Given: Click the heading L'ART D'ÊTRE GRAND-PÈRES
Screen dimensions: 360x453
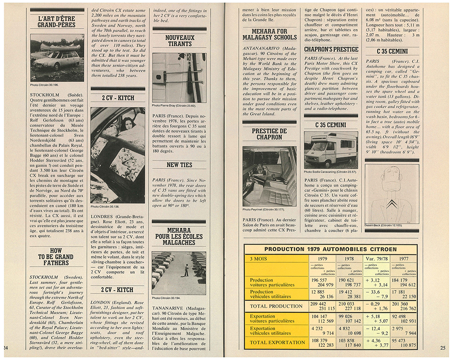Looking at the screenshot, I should pyautogui.click(x=57, y=21).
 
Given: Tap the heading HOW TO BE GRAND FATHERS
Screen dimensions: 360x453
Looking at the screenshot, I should pyautogui.click(x=56, y=256).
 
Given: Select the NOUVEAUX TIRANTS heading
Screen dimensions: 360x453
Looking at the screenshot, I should pyautogui.click(x=180, y=41).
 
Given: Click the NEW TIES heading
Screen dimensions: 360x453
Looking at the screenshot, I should pyautogui.click(x=179, y=165).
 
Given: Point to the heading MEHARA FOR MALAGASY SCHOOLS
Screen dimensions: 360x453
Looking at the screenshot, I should pyautogui.click(x=270, y=34).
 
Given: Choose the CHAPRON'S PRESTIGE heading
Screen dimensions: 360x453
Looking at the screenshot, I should pyautogui.click(x=331, y=49).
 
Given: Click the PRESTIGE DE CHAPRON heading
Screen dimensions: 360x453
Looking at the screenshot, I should pyautogui.click(x=270, y=134).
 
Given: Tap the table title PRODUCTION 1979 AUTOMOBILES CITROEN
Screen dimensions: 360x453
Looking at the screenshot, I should pyautogui.click(x=330, y=249).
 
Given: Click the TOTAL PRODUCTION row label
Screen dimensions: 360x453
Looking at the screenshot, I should pyautogui.click(x=276, y=306).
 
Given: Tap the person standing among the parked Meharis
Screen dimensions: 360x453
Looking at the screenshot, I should pyautogui.click(x=186, y=270).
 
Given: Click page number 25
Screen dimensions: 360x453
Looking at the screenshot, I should pyautogui.click(x=443, y=348).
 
